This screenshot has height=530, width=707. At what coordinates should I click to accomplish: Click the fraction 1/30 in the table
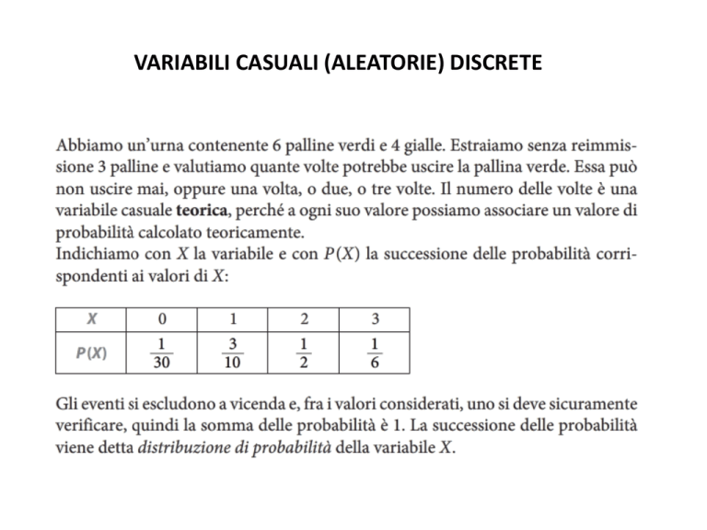point(163,352)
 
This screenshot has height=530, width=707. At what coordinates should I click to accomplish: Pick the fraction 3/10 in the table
point(234,352)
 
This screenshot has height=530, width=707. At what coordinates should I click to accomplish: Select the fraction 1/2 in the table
point(304,352)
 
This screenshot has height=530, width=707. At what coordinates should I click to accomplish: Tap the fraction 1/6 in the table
point(374,352)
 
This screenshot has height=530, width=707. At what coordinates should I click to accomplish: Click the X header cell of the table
point(91,319)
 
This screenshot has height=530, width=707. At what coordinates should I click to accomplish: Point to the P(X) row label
point(91,352)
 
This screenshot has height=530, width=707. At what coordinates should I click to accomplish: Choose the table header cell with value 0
point(163,319)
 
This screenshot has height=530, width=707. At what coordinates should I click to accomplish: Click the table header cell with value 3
point(374,319)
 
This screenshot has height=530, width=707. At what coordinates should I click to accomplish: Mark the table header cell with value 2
point(304,319)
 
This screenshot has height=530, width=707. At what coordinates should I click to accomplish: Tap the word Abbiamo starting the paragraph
point(89,145)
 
